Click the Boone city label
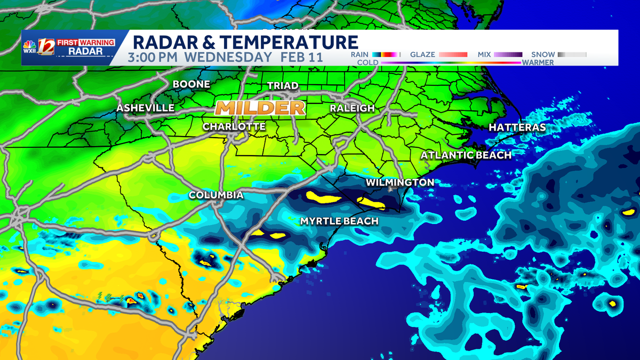[191, 84]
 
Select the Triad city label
[283, 85]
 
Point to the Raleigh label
[352, 108]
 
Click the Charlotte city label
[234, 126]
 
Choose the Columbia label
[216, 195]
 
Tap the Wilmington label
[399, 182]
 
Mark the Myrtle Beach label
[339, 221]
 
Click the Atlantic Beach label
[466, 155]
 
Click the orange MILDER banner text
[260, 108]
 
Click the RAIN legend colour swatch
[385, 54]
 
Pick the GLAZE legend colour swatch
[453, 54]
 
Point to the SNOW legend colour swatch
[572, 54]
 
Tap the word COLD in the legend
[367, 62]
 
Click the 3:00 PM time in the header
[155, 57]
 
